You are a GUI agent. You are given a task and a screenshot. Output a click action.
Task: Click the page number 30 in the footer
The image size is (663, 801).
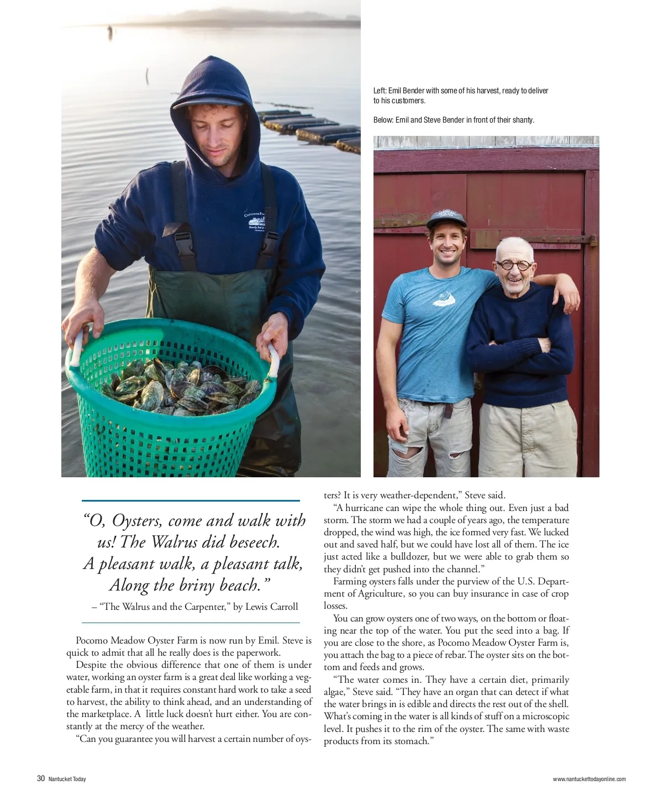(x=41, y=779)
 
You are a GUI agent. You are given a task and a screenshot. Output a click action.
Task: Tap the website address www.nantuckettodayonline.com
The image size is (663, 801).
(x=589, y=779)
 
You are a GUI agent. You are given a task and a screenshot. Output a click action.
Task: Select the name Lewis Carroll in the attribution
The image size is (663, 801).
(x=271, y=607)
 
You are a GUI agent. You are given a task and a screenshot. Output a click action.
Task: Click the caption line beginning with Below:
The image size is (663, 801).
(x=454, y=120)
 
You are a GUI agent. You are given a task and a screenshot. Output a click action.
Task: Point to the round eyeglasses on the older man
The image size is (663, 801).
(x=514, y=265)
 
